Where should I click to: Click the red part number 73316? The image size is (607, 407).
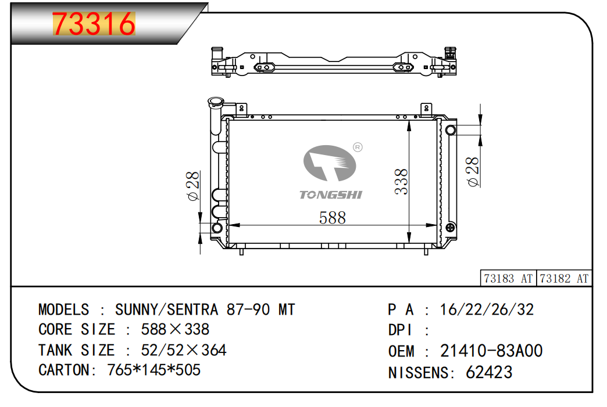pos(94,24)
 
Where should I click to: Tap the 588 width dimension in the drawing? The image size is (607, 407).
pos(332,218)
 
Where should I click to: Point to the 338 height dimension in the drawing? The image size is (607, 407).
pos(401,181)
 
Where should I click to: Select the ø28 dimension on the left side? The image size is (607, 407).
pos(193,186)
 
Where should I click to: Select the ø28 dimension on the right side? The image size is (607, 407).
pos(473,172)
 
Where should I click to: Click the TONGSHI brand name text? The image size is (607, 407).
pos(331,195)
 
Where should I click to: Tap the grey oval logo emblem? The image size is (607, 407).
pos(330,163)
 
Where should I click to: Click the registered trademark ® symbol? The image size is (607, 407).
pos(358,147)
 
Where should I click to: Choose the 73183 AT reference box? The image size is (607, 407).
pos(508,278)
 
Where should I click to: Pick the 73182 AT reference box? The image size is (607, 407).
pos(564,278)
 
